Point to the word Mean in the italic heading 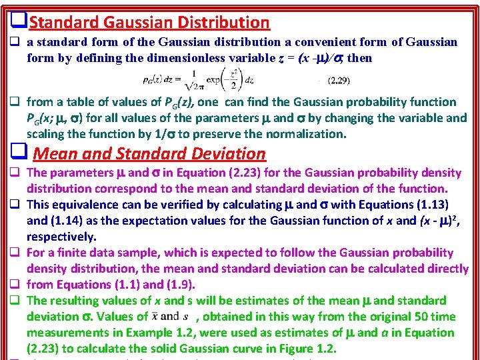point(56,153)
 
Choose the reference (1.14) point(61,221)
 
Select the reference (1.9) point(178,285)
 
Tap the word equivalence point(86,205)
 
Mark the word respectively point(61,237)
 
